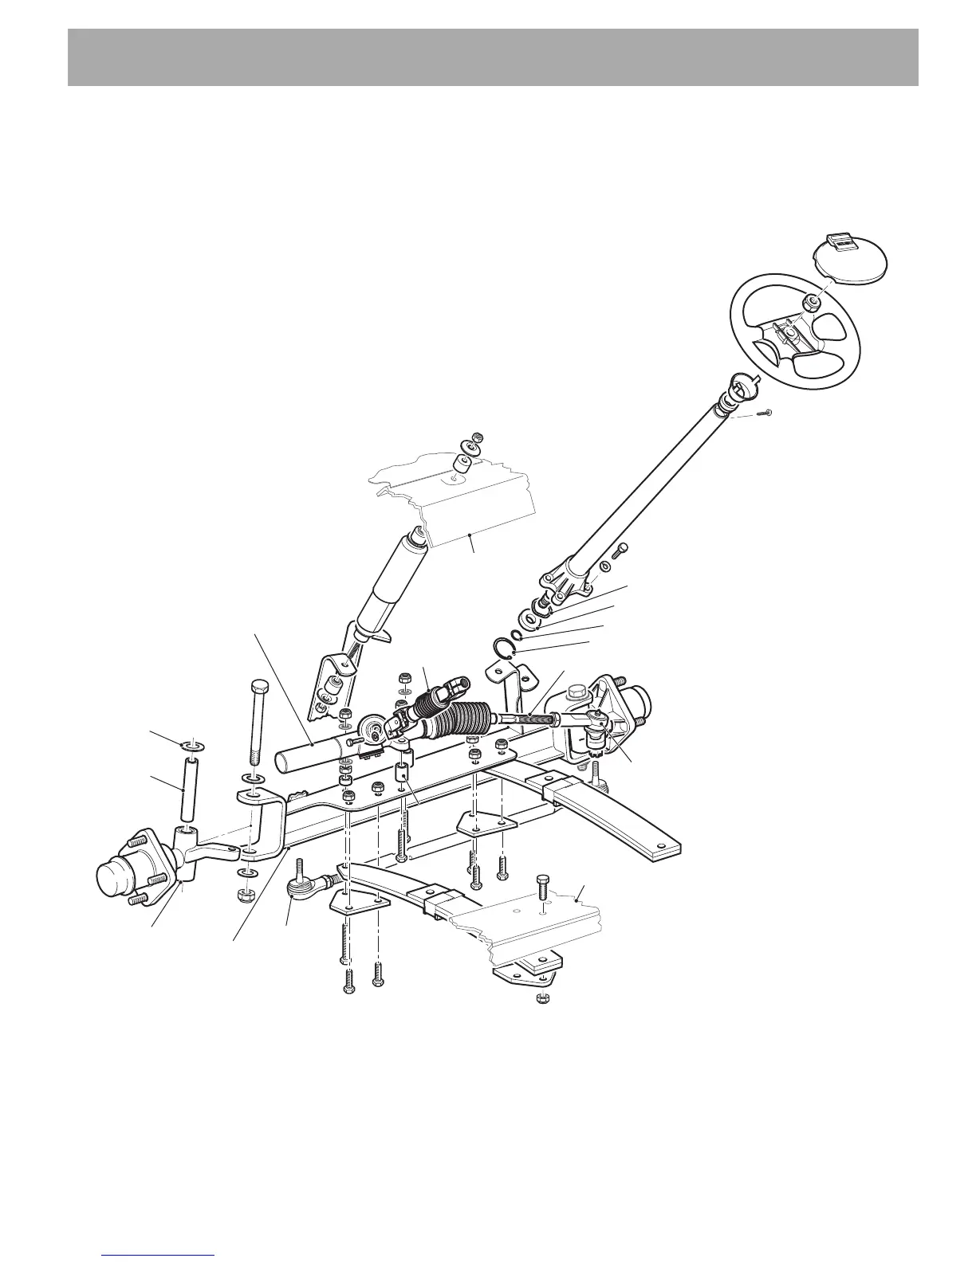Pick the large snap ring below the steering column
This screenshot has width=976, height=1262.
(x=503, y=649)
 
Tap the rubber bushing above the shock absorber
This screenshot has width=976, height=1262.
(x=460, y=465)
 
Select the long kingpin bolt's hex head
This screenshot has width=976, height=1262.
(x=259, y=687)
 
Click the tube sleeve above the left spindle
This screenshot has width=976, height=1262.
(x=188, y=789)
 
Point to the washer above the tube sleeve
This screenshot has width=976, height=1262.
(x=191, y=745)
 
